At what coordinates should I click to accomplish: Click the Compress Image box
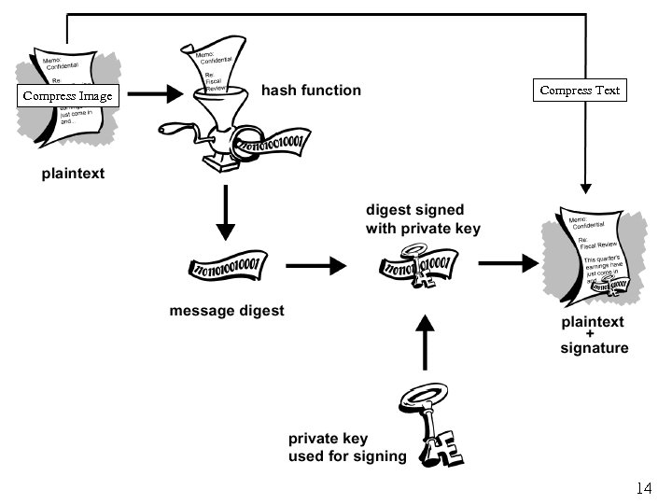coord(67,95)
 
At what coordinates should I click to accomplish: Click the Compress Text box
coord(580,90)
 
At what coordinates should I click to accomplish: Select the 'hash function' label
coord(311,91)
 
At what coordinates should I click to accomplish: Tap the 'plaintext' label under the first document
coord(73,174)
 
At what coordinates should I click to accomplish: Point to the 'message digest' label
coord(227,310)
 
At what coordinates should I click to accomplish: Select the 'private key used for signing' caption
coord(347,447)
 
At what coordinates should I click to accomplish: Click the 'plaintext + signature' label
coord(595,335)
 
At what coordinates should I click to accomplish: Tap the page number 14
coord(644,487)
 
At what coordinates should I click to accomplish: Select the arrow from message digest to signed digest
coord(315,266)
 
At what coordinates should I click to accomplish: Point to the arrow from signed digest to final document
coord(509,263)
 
